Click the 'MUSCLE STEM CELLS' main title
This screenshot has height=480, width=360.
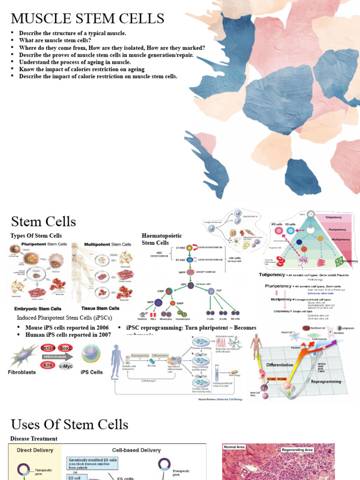(x=88, y=19)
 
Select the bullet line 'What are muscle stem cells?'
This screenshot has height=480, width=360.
(x=55, y=40)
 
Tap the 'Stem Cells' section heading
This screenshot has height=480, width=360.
(x=44, y=221)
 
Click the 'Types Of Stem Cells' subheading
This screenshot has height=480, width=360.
(x=36, y=236)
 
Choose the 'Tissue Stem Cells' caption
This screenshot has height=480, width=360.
(x=101, y=308)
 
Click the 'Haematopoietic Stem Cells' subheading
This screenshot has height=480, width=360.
(x=162, y=239)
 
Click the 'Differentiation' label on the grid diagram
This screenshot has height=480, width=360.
(x=279, y=364)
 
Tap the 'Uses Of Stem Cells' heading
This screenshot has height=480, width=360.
(x=69, y=425)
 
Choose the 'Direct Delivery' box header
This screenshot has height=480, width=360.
(x=35, y=450)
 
